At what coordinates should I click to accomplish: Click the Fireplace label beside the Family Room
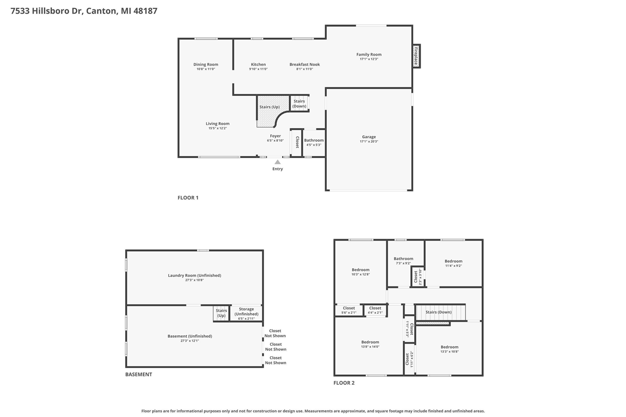[x=416, y=56]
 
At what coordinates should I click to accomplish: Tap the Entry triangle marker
[x=277, y=162]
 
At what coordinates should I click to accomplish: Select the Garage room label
[x=369, y=137]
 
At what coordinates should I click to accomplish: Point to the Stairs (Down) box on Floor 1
[x=299, y=104]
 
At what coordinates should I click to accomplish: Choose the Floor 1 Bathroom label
[x=313, y=140]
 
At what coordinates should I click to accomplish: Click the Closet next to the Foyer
[x=296, y=143]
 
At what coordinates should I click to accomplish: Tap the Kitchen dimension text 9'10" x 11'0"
[x=258, y=69]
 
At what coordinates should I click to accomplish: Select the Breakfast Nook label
[x=304, y=65]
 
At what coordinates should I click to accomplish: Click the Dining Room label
[x=205, y=65]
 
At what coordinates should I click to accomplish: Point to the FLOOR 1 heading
[x=188, y=198]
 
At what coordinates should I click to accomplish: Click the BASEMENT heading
[x=138, y=374]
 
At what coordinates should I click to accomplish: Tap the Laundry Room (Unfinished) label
[x=194, y=275]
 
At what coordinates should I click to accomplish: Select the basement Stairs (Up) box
[x=221, y=313]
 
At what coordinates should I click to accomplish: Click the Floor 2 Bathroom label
[x=403, y=259]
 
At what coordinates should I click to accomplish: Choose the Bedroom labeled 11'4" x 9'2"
[x=453, y=261]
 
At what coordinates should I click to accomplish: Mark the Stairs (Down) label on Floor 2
[x=438, y=312]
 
